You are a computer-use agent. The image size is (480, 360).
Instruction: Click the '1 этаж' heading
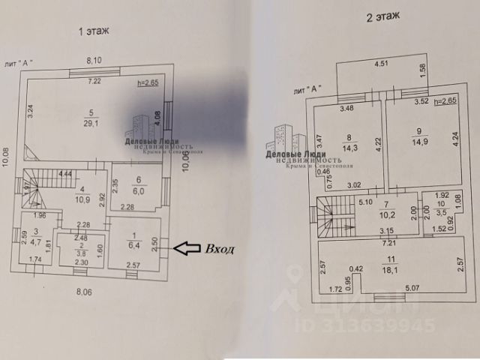94,31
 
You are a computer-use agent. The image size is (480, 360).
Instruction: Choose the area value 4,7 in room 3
35,242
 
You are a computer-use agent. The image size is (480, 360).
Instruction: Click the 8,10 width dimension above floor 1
94,60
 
